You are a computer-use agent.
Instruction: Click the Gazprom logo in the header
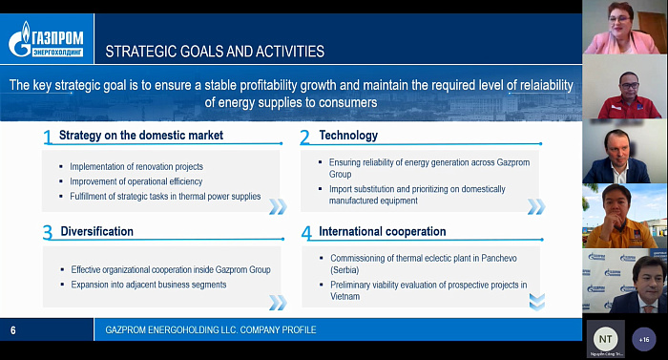tap(46, 39)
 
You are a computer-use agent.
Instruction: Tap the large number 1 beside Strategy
tap(48, 138)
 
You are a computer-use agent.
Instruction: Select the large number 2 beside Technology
tap(304, 138)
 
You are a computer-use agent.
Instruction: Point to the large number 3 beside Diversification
tap(48, 232)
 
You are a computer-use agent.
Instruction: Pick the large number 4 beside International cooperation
tap(306, 233)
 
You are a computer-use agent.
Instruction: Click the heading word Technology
tap(348, 136)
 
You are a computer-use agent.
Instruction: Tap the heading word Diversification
tap(96, 231)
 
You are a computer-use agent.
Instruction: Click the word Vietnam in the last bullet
tap(345, 296)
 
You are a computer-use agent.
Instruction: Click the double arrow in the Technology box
tap(536, 206)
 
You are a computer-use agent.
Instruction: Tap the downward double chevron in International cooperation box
tap(536, 302)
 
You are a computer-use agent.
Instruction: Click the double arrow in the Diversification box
tap(278, 303)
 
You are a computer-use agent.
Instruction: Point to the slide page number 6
tap(13, 330)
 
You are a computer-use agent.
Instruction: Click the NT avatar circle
tap(605, 339)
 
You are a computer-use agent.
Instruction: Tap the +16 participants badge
tap(644, 340)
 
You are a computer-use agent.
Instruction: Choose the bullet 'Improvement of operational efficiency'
tap(136, 181)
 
